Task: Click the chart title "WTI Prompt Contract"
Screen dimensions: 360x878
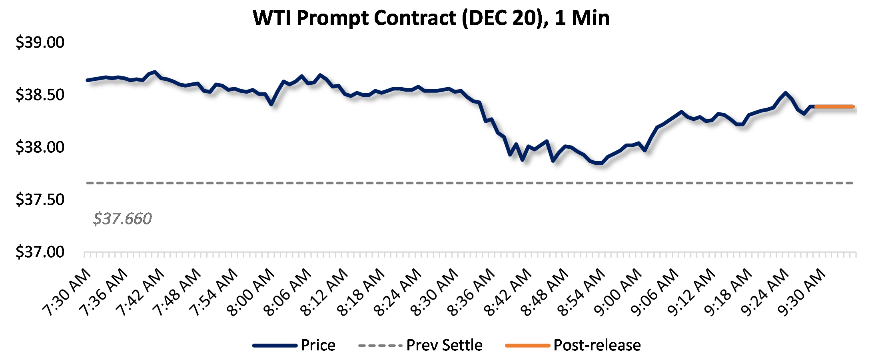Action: [x=431, y=18]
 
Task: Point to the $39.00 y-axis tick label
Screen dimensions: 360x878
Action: [x=40, y=42]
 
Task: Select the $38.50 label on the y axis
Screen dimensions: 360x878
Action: [x=40, y=95]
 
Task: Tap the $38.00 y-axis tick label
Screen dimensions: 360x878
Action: [x=40, y=147]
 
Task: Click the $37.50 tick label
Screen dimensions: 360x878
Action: [x=40, y=200]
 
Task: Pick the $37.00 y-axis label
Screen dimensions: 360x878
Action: [x=40, y=252]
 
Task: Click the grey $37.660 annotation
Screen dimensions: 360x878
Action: [x=122, y=219]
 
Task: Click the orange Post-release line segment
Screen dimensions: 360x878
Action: [x=834, y=107]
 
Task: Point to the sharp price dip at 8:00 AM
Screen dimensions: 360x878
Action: [x=272, y=104]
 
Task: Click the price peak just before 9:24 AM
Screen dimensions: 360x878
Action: [x=786, y=93]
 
